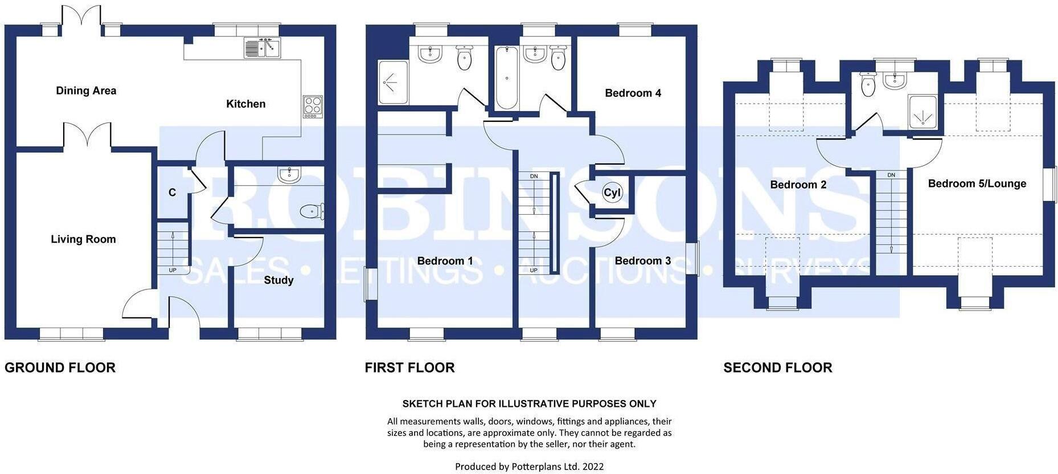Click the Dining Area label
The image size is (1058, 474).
86,91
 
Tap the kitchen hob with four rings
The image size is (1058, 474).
313,107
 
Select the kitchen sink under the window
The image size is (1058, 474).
263,48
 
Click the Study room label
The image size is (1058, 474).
278,280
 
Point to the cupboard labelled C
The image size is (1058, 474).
172,193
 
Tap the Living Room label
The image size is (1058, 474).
83,239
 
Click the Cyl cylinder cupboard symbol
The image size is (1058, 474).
612,193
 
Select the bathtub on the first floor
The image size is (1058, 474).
507,78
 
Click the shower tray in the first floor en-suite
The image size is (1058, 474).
393,83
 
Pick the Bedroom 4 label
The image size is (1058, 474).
633,93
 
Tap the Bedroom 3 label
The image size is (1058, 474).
642,261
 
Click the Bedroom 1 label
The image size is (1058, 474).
445,261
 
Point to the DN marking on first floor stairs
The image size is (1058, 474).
534,176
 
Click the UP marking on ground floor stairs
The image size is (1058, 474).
173,270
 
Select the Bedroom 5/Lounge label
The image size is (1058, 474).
977,183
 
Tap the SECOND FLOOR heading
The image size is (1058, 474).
777,367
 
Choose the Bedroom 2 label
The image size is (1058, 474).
798,185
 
